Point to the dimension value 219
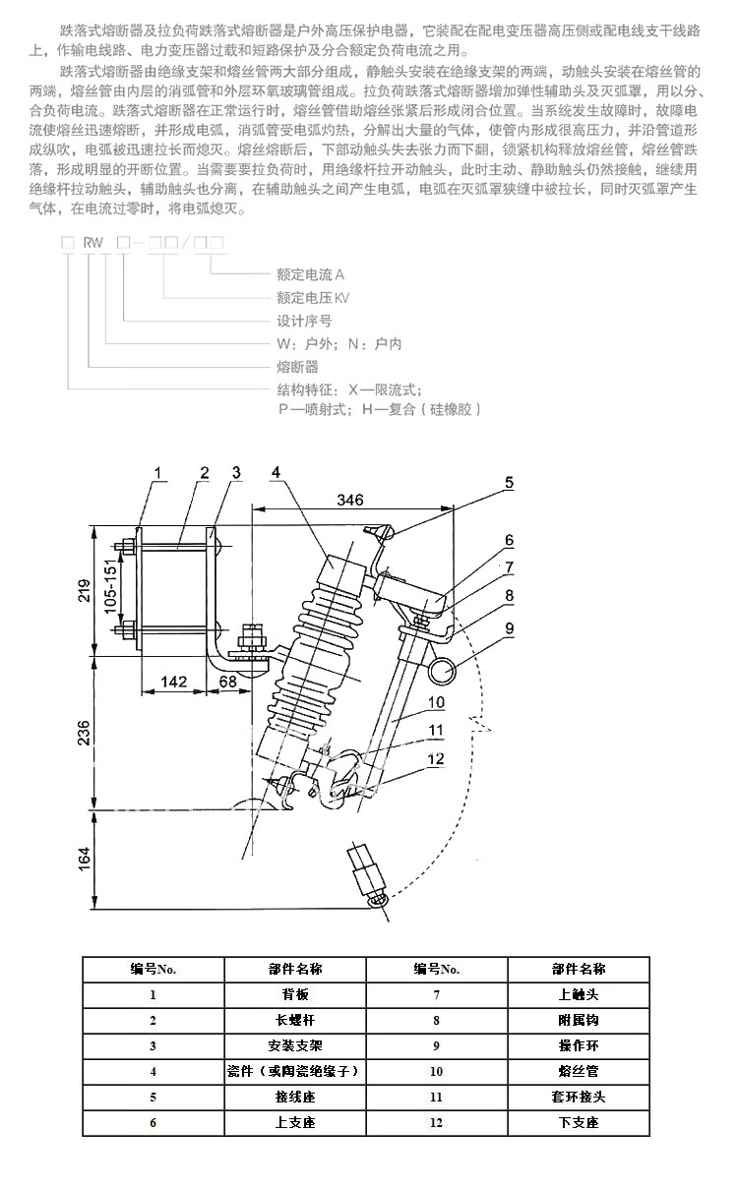pyautogui.click(x=86, y=588)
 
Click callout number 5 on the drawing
pyautogui.click(x=510, y=483)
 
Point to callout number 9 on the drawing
pyautogui.click(x=510, y=626)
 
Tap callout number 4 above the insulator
pyautogui.click(x=277, y=473)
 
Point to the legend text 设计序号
pyautogui.click(x=304, y=321)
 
